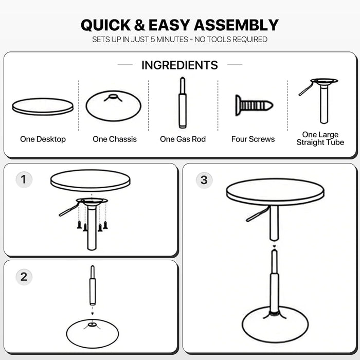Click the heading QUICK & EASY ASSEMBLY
pos(179,25)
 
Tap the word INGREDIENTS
pos(179,65)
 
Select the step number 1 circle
pos(24,179)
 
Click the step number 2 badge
pos(24,276)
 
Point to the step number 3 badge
pos(204,179)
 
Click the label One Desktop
pos(43,139)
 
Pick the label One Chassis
pos(115,139)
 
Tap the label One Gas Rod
pos(183,139)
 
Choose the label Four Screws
pos(253,139)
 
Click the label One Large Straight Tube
pos(320,138)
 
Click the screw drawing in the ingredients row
pos(254,105)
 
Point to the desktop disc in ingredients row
pos(43,106)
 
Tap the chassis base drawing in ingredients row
pos(114,106)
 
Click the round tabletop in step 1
pos(91,181)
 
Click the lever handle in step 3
pos(257,213)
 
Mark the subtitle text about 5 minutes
pos(179,40)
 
